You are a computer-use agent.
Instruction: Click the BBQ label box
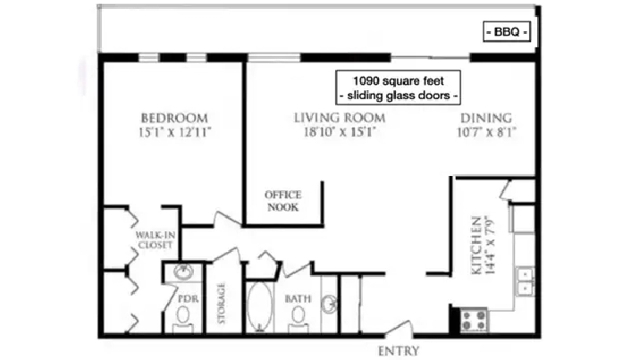[x=507, y=32]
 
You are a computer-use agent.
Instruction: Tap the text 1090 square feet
[x=398, y=80]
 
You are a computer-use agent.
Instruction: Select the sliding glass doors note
[x=398, y=96]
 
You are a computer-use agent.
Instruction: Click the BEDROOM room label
[x=174, y=118]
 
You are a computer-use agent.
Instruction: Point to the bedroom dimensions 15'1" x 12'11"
[x=175, y=132]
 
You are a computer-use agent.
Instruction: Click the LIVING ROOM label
[x=340, y=118]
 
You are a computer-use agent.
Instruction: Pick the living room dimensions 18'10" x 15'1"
[x=340, y=132]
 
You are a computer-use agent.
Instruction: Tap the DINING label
[x=486, y=118]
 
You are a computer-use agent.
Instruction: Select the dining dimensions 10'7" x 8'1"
[x=486, y=132]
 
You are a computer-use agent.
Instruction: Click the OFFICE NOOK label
[x=282, y=201]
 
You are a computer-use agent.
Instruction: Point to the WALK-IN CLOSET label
[x=156, y=240]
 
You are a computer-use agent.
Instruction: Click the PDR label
[x=189, y=299]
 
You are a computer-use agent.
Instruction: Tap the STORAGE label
[x=221, y=303]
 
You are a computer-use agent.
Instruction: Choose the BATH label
[x=298, y=299]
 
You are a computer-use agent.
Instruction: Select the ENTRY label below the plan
[x=399, y=351]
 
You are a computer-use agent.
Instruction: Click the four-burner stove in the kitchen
[x=474, y=320]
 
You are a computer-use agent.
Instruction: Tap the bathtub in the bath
[x=259, y=306]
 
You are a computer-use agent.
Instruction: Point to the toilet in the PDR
[x=183, y=317]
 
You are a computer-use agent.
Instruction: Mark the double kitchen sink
[x=525, y=281]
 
